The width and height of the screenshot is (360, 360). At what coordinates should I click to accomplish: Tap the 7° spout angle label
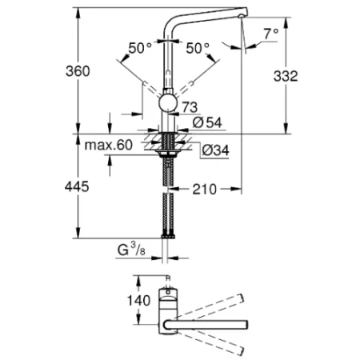point(271,34)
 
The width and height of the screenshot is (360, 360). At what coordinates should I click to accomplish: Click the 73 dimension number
point(190,106)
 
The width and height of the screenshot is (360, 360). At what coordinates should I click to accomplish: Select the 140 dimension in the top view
point(121,301)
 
